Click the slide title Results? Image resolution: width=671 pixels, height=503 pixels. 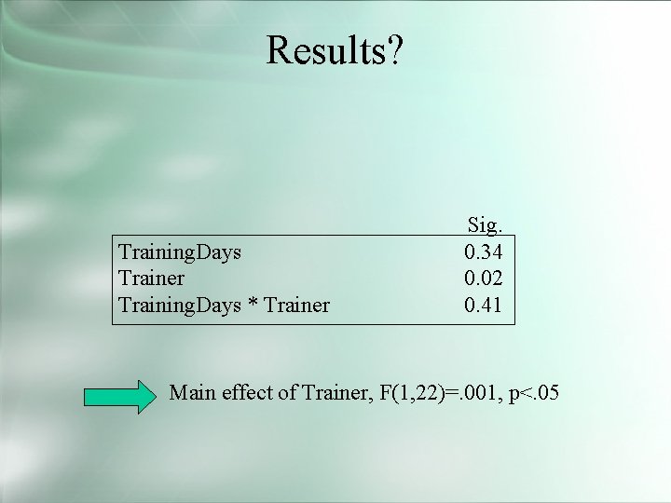(x=335, y=50)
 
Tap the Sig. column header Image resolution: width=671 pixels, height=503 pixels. (x=484, y=225)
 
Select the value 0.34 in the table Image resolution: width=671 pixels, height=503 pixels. (x=484, y=251)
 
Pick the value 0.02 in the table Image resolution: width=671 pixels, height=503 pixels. (x=484, y=278)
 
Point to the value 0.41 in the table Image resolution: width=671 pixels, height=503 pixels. (x=484, y=304)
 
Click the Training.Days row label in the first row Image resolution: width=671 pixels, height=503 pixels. (x=180, y=251)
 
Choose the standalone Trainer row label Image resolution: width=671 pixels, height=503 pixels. (x=152, y=278)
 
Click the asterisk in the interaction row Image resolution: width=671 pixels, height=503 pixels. (x=253, y=304)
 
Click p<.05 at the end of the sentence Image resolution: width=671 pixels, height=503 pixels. (x=528, y=393)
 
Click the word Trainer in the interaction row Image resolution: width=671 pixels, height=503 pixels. (x=296, y=304)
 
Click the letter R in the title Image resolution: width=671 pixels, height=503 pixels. (x=279, y=50)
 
